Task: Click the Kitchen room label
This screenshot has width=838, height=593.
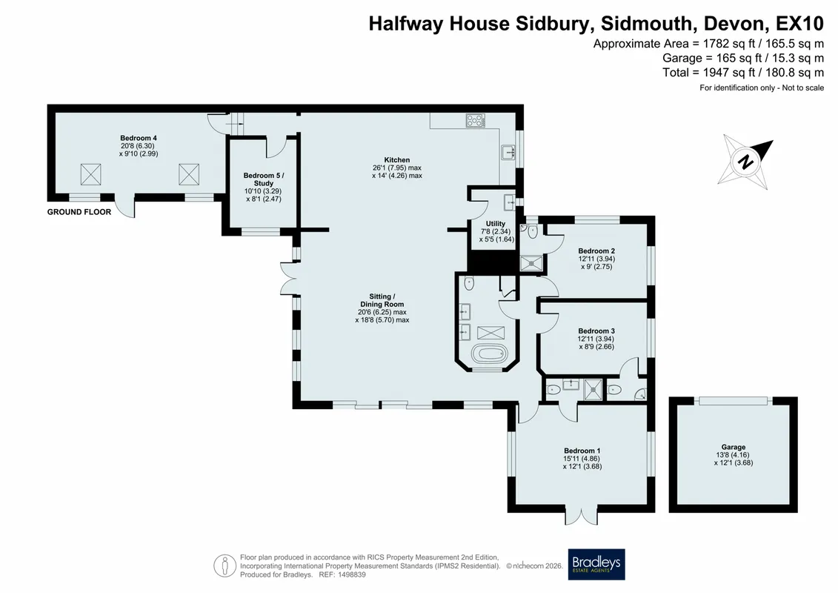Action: coord(397,159)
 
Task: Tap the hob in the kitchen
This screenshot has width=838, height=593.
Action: coord(476,120)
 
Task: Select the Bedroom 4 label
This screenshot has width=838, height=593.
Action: coord(139,138)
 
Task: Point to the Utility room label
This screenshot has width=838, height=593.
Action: coord(496,224)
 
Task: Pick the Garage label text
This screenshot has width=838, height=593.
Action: coord(734,447)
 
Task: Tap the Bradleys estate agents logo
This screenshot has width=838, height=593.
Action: coord(596,564)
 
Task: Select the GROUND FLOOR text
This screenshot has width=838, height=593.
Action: coord(79,212)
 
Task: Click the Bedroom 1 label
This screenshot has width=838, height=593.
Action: coord(582,451)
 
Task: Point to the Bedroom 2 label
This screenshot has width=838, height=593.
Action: coord(596,251)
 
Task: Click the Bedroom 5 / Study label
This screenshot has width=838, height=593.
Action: coord(264,179)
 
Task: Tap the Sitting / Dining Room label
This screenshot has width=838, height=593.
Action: coord(382,300)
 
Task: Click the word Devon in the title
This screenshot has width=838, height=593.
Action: coord(735,24)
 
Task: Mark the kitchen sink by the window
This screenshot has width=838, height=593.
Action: coord(508,153)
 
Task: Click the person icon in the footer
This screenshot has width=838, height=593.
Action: coord(225,566)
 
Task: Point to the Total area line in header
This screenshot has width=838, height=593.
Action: coord(743,72)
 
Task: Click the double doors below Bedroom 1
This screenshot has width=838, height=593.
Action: coord(582,516)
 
